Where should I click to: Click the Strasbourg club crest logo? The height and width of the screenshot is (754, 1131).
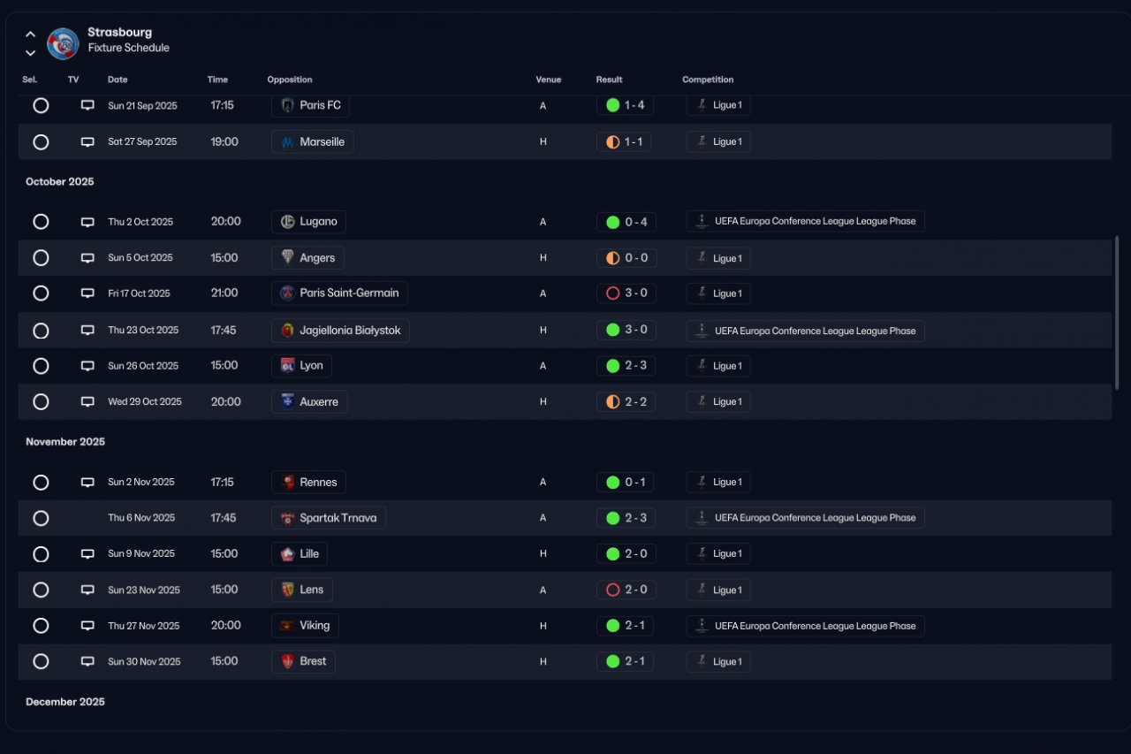pyautogui.click(x=63, y=43)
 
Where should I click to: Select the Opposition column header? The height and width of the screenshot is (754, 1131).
pyautogui.click(x=290, y=80)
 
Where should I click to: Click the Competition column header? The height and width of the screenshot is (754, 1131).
pyautogui.click(x=708, y=80)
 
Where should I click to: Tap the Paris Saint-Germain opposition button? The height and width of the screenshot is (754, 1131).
pyautogui.click(x=339, y=293)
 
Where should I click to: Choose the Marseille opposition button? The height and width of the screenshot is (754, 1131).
pyautogui.click(x=313, y=142)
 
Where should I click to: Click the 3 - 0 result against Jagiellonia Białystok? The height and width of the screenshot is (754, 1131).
pyautogui.click(x=626, y=330)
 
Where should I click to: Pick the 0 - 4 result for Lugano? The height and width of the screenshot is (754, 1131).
pyautogui.click(x=626, y=222)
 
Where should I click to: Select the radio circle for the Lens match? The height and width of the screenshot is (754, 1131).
pyautogui.click(x=41, y=590)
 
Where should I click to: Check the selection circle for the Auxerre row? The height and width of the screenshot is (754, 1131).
pyautogui.click(x=41, y=402)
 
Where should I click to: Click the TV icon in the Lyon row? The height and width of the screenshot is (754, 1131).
pyautogui.click(x=87, y=366)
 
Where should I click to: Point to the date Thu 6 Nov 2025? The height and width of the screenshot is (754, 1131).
pyautogui.click(x=141, y=518)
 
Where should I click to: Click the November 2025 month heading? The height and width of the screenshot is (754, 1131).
pyautogui.click(x=65, y=442)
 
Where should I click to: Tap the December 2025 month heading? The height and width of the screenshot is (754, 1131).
pyautogui.click(x=65, y=702)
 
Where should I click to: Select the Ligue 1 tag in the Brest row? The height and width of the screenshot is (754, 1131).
pyautogui.click(x=718, y=662)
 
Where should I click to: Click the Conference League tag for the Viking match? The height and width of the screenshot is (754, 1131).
pyautogui.click(x=805, y=626)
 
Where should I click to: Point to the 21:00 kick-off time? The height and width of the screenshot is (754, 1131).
pyautogui.click(x=224, y=293)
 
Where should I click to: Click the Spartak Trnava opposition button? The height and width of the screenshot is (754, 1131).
pyautogui.click(x=329, y=518)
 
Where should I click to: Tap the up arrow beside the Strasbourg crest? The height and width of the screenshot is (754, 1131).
pyautogui.click(x=30, y=34)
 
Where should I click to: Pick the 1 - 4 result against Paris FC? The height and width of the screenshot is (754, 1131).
pyautogui.click(x=625, y=105)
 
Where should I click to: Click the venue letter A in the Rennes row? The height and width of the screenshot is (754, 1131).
pyautogui.click(x=543, y=483)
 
